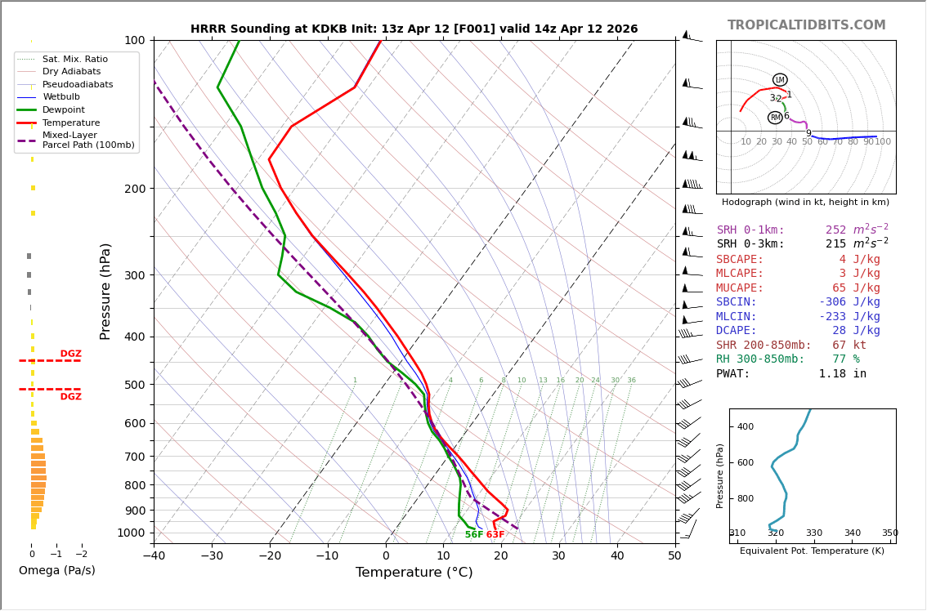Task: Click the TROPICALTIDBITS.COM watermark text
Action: [806, 25]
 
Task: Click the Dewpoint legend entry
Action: [71, 110]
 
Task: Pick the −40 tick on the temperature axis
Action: [154, 556]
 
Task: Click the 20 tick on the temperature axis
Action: [501, 556]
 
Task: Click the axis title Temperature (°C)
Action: [414, 573]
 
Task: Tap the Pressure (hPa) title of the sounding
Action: [105, 291]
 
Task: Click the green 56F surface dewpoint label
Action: [474, 535]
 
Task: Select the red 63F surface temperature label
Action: [495, 535]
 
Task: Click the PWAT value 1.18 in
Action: [842, 374]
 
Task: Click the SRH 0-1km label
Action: [750, 230]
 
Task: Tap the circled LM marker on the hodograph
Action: [780, 80]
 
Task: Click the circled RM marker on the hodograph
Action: [775, 118]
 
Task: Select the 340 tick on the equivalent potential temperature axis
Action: [852, 533]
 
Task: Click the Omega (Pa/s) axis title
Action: [57, 571]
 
